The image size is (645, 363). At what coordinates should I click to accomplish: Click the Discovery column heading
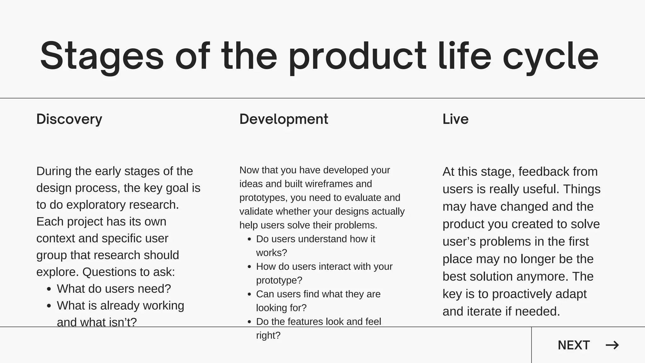click(x=69, y=119)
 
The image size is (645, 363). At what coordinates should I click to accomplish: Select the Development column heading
click(x=284, y=119)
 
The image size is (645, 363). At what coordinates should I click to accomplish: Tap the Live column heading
click(x=455, y=119)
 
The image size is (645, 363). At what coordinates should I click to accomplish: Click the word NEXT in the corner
click(x=574, y=345)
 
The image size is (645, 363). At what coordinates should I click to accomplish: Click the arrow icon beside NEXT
click(x=612, y=345)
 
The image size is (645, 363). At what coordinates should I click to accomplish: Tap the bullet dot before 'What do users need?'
click(x=49, y=289)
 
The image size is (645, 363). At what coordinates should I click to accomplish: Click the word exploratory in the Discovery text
click(x=96, y=205)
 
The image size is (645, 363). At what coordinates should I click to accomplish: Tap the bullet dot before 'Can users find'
click(x=249, y=294)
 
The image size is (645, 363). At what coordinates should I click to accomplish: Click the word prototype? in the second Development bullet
click(x=279, y=280)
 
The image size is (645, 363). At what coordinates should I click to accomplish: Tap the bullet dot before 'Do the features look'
click(x=249, y=322)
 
